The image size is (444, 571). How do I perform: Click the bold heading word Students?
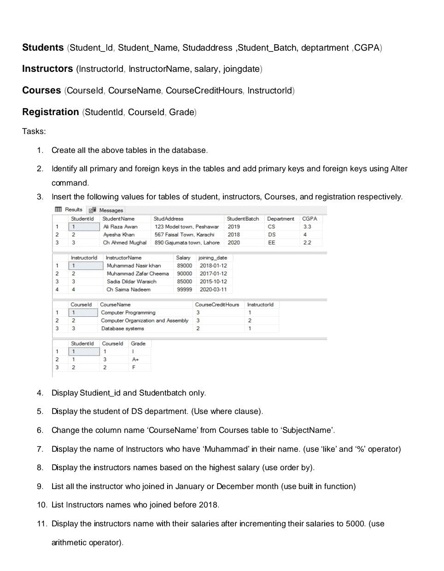coord(43,48)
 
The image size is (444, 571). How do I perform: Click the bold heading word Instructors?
coord(47,69)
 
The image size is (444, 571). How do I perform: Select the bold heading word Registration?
coord(51,112)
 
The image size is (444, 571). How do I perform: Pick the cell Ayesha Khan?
coord(119,235)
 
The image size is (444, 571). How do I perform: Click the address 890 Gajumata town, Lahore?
coord(187,243)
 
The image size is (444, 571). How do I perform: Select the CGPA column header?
coord(310,219)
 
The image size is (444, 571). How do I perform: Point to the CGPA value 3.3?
coord(307,227)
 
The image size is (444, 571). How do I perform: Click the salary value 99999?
coord(184,290)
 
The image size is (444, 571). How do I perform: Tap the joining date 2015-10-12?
coord(213,282)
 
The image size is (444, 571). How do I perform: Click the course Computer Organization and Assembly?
coord(145,321)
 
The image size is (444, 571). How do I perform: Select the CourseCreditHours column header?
coord(217,305)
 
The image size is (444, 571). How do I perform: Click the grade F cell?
coord(134,367)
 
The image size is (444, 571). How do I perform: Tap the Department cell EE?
coord(271,243)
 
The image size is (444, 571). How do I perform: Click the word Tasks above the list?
coord(34,132)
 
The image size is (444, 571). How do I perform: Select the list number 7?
coord(40,449)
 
